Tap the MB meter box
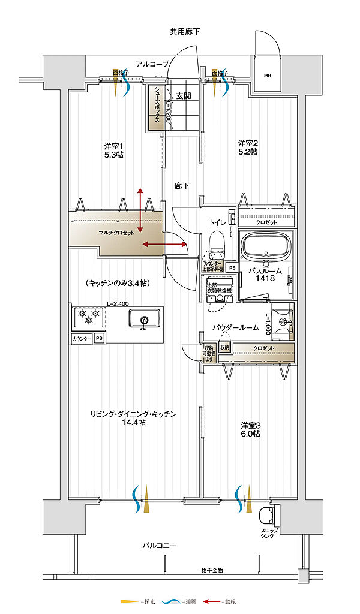coord(266,76)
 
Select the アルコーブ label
coord(152,64)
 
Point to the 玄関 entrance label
coord(184,95)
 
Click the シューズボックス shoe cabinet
coord(157,107)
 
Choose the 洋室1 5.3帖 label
coord(113,151)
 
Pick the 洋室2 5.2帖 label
coord(248,148)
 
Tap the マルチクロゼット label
coord(117,233)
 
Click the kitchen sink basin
coord(143,318)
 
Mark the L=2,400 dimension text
coord(119,304)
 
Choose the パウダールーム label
coord(236,327)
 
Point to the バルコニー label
coord(160,546)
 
